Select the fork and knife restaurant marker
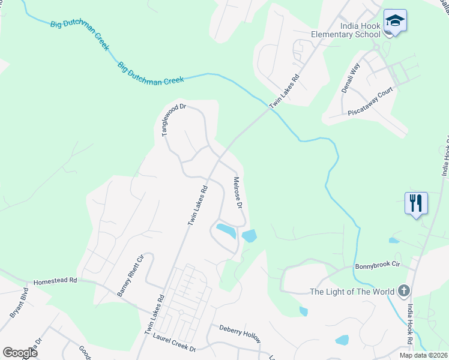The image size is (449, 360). tap(416, 203)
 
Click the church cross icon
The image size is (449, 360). tap(405, 292)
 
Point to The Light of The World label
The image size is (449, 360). tap(352, 292)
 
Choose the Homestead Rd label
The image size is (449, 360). tap(56, 280)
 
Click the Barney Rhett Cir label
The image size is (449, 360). tap(131, 274)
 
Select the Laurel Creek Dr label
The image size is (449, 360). tap(175, 344)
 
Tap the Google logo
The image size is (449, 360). tap(20, 353)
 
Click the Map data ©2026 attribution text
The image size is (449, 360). tap(423, 355)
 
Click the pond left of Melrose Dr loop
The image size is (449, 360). tap(226, 230)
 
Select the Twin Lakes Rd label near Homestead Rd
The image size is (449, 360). tap(154, 315)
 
